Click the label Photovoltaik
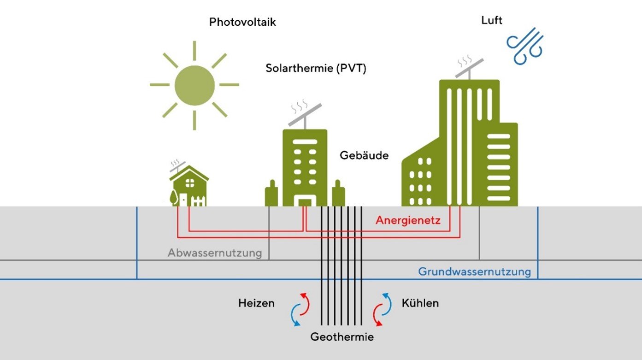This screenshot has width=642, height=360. [242, 22]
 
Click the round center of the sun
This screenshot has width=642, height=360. [194, 85]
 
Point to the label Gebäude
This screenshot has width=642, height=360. [364, 155]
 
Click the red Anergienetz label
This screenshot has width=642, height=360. [408, 220]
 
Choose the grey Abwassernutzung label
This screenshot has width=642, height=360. [215, 253]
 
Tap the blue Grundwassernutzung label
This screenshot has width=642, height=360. [474, 271]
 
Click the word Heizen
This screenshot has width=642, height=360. [256, 303]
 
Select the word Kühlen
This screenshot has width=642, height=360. [420, 303]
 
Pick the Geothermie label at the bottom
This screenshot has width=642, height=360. [342, 337]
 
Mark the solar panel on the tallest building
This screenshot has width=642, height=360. [469, 68]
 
